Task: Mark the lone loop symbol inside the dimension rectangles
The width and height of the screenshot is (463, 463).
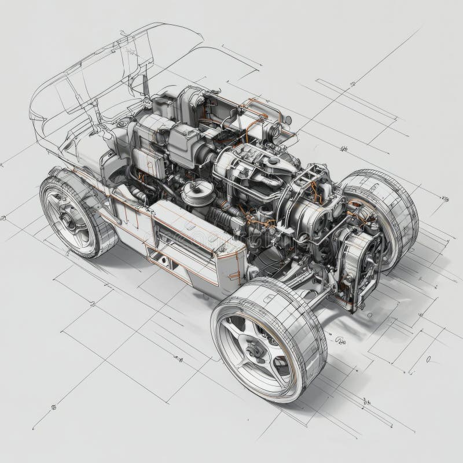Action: click(428, 359)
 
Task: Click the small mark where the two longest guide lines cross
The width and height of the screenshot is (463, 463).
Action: click(352, 85)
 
